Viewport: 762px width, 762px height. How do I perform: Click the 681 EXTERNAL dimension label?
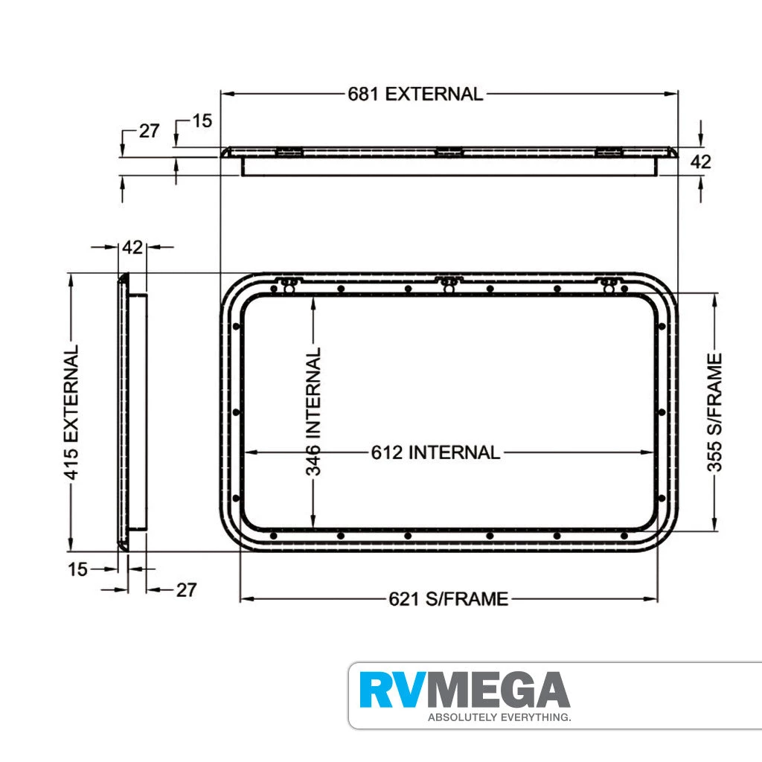pos(415,94)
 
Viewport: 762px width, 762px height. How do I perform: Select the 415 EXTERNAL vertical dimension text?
pos(71,412)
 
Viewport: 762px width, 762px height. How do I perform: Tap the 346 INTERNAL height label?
pos(315,412)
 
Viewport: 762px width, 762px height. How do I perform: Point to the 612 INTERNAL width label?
pos(435,452)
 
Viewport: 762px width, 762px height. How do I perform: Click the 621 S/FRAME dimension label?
pos(448,598)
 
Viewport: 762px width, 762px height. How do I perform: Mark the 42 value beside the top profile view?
pos(701,161)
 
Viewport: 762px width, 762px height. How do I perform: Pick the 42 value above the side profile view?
pos(132,248)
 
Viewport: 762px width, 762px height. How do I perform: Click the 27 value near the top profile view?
pos(149,131)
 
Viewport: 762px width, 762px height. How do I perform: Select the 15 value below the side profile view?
pos(77,570)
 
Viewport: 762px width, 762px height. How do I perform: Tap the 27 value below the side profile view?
pos(186,590)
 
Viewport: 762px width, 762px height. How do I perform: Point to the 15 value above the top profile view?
pos(202,121)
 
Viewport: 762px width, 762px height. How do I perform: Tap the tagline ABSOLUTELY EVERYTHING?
pos(499,718)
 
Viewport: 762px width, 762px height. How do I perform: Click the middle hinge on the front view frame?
pos(448,284)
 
